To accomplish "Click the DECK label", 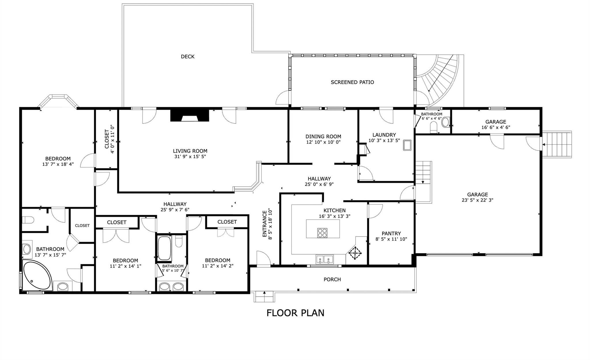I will (x=188, y=57).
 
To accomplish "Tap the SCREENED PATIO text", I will (x=352, y=82).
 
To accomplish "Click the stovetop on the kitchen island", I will (x=322, y=233).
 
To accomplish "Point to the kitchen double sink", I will (x=324, y=259).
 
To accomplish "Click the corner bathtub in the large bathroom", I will (x=37, y=275).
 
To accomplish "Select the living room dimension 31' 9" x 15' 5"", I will (x=190, y=157).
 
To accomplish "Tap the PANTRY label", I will (x=391, y=234).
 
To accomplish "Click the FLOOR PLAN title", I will (x=295, y=313).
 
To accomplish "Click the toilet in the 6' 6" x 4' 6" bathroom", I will (x=434, y=127).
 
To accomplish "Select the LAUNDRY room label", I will (x=384, y=135).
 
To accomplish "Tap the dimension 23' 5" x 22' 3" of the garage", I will (x=477, y=200).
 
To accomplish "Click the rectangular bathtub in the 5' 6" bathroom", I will (x=164, y=248).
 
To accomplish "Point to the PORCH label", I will (x=332, y=279).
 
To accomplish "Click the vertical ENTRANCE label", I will (x=265, y=224).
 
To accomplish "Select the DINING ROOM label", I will (x=323, y=137).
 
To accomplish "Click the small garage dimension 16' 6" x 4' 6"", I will (x=496, y=127).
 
